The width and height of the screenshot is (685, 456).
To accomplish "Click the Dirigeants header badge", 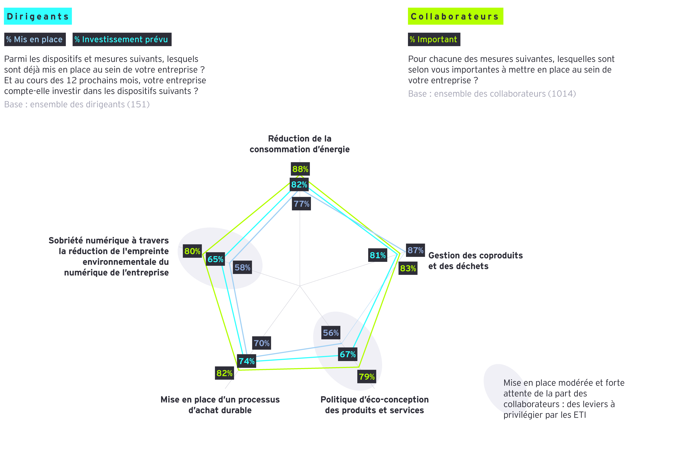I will (x=38, y=16).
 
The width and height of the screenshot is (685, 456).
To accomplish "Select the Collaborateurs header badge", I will (x=455, y=16).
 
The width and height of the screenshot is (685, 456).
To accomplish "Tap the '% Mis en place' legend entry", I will (x=35, y=39).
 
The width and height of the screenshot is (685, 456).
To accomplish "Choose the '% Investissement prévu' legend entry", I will (x=121, y=39).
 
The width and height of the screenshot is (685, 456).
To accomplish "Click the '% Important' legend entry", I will (x=434, y=39).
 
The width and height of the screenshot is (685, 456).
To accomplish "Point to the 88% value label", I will (x=300, y=169).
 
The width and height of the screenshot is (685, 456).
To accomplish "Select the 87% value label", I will (x=415, y=250).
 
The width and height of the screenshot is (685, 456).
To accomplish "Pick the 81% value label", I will (x=377, y=255).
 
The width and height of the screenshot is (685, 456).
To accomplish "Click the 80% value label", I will (x=192, y=251).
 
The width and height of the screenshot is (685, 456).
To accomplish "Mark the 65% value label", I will (x=215, y=259).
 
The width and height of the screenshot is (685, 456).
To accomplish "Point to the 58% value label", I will (x=242, y=267).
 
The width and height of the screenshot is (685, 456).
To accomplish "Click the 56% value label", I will (x=331, y=333).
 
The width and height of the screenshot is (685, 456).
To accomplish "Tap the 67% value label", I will (x=348, y=354).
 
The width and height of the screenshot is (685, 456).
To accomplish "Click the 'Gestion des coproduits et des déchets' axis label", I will (x=475, y=261).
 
